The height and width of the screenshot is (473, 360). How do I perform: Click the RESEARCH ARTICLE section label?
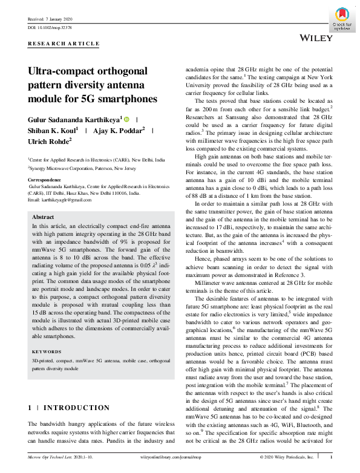click(x=64, y=44)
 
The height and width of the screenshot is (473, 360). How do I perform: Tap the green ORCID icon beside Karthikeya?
click(x=127, y=120)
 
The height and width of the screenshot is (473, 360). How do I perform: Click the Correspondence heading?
click(x=46, y=180)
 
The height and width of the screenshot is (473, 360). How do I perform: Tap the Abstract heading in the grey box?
click(x=43, y=217)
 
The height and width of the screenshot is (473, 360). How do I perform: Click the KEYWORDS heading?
click(x=47, y=351)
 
